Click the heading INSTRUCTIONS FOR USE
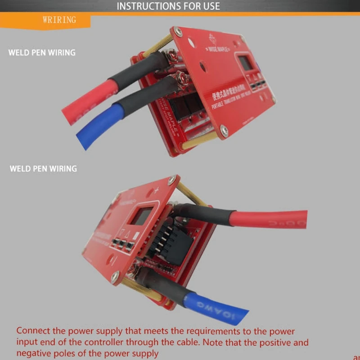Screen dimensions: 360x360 pos(168,6)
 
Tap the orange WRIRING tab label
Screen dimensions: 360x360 pos(59,20)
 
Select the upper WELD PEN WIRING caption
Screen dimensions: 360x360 pos(42,52)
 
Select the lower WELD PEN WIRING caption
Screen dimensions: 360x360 pos(43,169)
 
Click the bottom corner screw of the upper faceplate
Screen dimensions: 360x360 pos(224,131)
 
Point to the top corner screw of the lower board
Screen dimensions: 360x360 pos(171,180)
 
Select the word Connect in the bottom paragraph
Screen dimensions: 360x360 pos(35,332)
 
